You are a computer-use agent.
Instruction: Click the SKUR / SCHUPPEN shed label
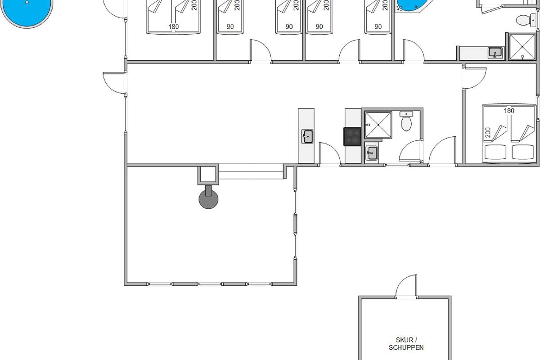pos(406,344)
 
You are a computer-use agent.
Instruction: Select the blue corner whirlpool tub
pos(413,5)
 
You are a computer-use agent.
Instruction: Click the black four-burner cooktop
pos(352,137)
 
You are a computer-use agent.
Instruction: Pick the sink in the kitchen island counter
pos(307,136)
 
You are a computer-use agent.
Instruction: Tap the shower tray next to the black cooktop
pos(378,125)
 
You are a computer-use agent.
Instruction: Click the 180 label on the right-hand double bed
pos(509,111)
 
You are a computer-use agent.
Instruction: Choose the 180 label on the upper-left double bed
pos(174,27)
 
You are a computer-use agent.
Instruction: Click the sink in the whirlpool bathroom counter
pos(495,53)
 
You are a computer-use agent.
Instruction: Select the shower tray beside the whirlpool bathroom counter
pos(522,46)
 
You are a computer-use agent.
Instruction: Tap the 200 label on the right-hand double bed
pos(488,133)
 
